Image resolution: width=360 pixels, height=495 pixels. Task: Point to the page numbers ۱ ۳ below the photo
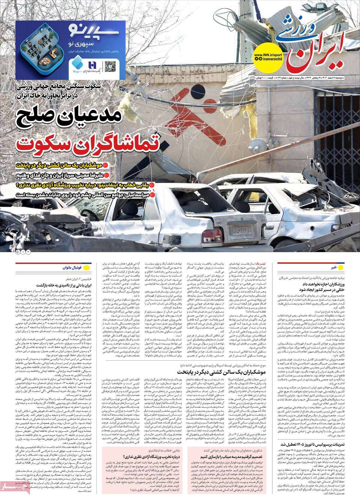click(23, 252)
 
